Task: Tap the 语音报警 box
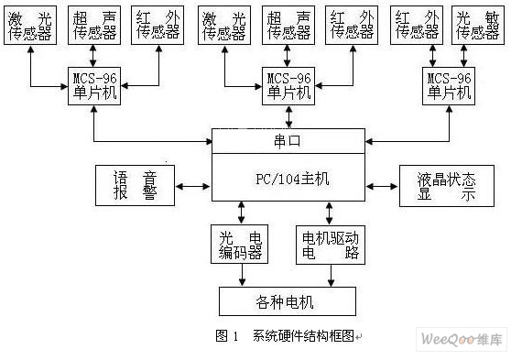point(135,186)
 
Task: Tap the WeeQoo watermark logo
point(462,341)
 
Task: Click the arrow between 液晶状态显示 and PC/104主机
point(381,187)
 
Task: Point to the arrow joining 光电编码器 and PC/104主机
point(241,213)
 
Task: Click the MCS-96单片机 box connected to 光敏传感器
point(450,85)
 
